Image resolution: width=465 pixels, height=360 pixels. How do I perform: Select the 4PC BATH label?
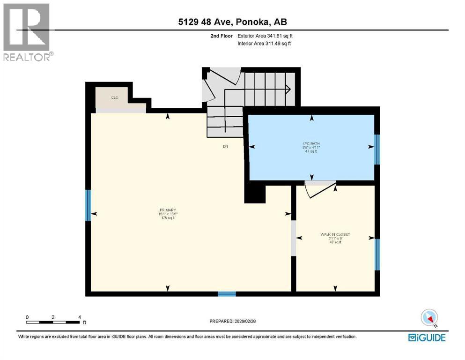pos(310,143)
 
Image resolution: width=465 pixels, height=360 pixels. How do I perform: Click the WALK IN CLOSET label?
pos(335,234)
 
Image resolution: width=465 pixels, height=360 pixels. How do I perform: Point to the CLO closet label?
pos(114,97)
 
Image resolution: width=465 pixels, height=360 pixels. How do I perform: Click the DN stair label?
pos(225,146)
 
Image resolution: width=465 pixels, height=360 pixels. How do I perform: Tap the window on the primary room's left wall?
pos(88,205)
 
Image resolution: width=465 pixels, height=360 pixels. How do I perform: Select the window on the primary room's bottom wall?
pos(227,294)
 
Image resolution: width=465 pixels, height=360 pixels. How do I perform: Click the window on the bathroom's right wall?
pos(377,150)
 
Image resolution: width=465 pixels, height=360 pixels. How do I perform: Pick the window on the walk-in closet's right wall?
pos(377,255)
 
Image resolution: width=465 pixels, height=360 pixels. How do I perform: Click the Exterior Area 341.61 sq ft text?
pos(266,36)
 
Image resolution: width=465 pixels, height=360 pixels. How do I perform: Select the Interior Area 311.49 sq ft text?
pos(265,44)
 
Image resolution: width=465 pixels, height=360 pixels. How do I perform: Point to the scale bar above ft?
pos(53,322)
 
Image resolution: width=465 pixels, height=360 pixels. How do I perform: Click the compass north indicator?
pos(429,318)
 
